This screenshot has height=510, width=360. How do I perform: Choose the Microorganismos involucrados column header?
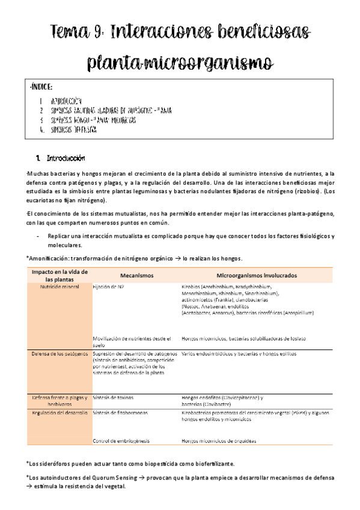(255, 275)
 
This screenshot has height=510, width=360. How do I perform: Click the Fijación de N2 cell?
(109, 287)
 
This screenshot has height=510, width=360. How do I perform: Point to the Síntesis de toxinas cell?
(114, 398)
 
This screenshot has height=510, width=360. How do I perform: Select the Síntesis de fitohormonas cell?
(120, 413)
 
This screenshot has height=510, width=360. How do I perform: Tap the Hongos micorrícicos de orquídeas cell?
(219, 441)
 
